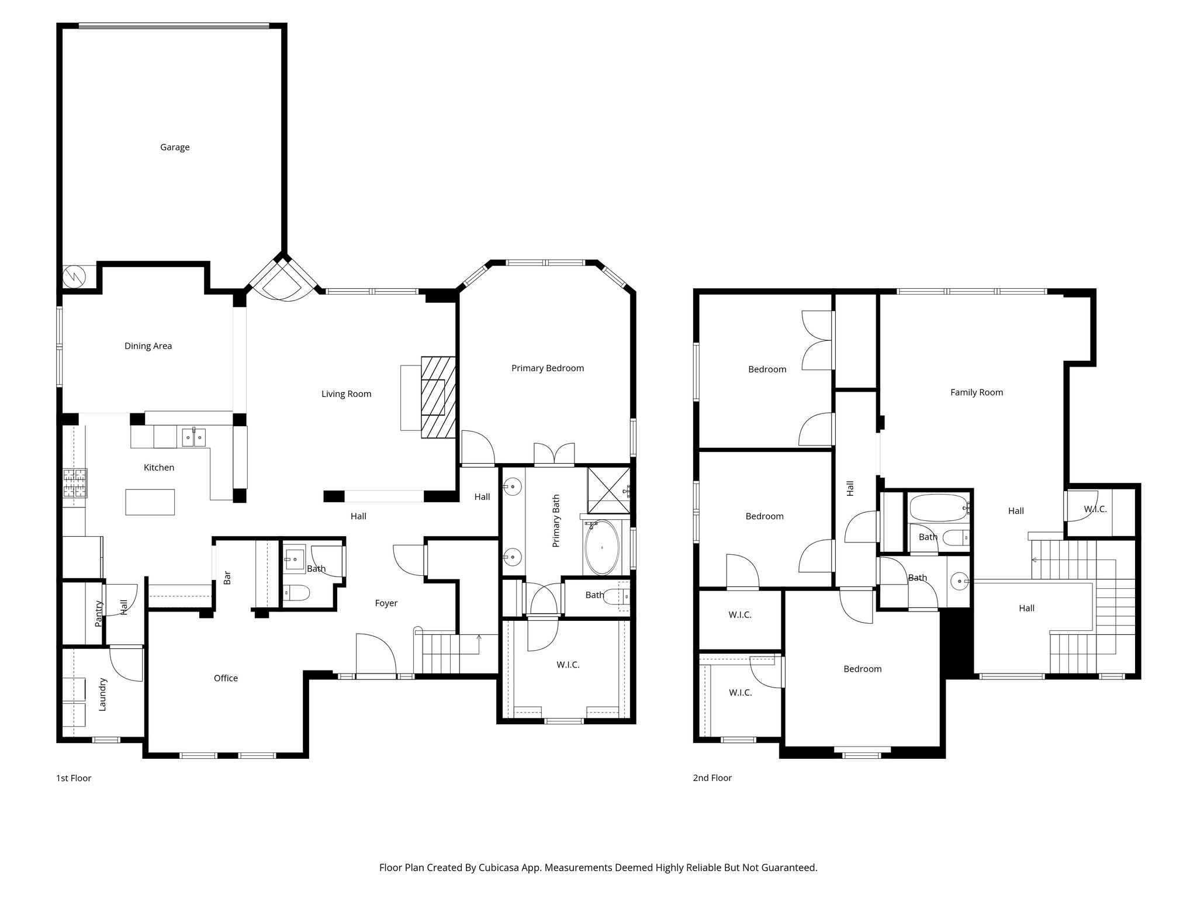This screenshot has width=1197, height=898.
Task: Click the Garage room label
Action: click(x=175, y=147)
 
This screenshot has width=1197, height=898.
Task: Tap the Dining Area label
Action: click(x=148, y=346)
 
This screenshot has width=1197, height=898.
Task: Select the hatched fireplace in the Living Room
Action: click(x=438, y=397)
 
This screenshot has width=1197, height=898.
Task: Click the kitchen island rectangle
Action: click(x=150, y=502)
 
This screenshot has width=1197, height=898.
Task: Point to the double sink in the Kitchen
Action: click(x=193, y=436)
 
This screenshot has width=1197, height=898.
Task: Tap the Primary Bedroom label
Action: click(x=547, y=368)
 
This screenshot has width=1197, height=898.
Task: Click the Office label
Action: click(x=226, y=678)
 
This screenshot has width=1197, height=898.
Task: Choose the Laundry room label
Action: click(x=102, y=694)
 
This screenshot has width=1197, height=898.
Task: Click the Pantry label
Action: click(x=98, y=613)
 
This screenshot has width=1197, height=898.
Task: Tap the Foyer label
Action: click(x=386, y=603)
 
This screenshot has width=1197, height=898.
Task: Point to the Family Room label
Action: click(x=976, y=393)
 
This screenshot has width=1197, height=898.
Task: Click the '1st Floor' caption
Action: click(x=74, y=778)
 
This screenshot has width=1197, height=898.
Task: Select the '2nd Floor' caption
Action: click(x=712, y=778)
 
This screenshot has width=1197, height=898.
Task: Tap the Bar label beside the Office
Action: click(x=227, y=578)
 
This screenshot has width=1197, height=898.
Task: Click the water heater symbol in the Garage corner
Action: click(x=74, y=276)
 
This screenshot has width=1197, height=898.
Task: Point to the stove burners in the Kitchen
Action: click(x=75, y=483)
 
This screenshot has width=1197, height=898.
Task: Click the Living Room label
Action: click(x=346, y=394)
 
